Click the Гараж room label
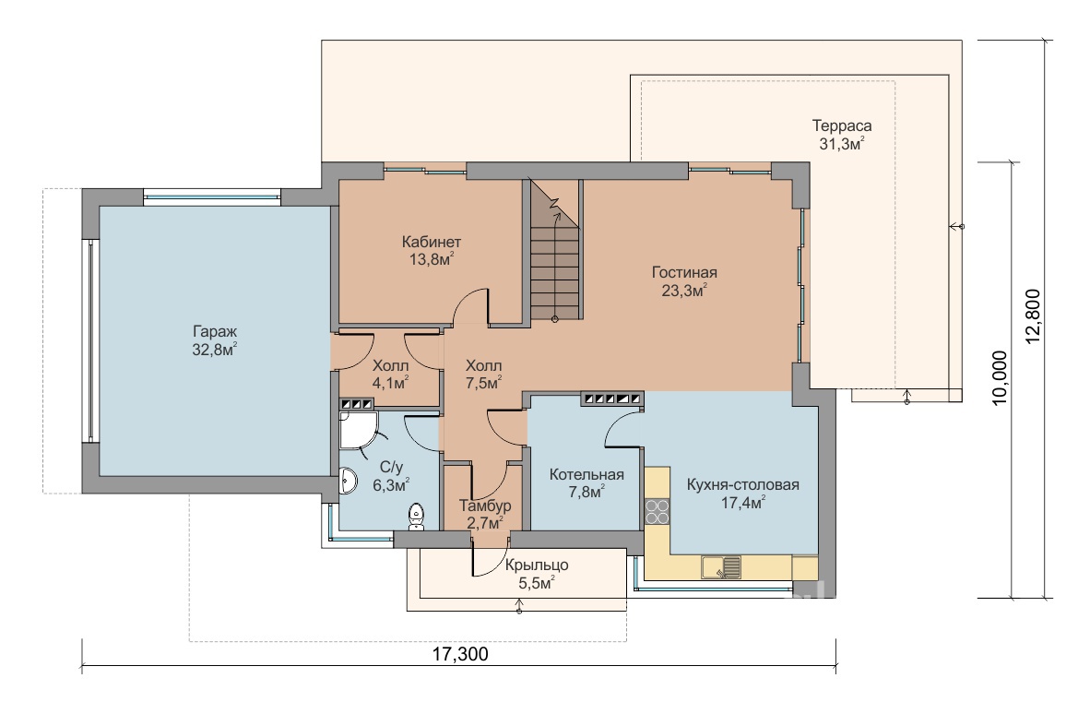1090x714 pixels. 215,331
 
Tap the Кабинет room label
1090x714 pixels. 431,242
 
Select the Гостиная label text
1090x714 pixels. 684,272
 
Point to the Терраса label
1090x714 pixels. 842,125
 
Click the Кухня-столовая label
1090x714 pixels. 743,484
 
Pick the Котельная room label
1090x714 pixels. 586,474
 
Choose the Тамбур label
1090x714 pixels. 485,506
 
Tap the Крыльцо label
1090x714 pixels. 537,565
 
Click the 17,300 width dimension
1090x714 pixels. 460,654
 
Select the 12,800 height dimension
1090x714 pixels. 1033,316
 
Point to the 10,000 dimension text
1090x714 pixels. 1000,377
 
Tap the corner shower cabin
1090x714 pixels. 358,431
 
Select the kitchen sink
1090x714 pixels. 721,567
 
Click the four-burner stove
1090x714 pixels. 657,512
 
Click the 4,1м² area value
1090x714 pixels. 390,383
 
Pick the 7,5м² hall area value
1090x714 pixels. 484,383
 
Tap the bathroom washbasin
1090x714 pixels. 348,482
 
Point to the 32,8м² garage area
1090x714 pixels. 215,349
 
